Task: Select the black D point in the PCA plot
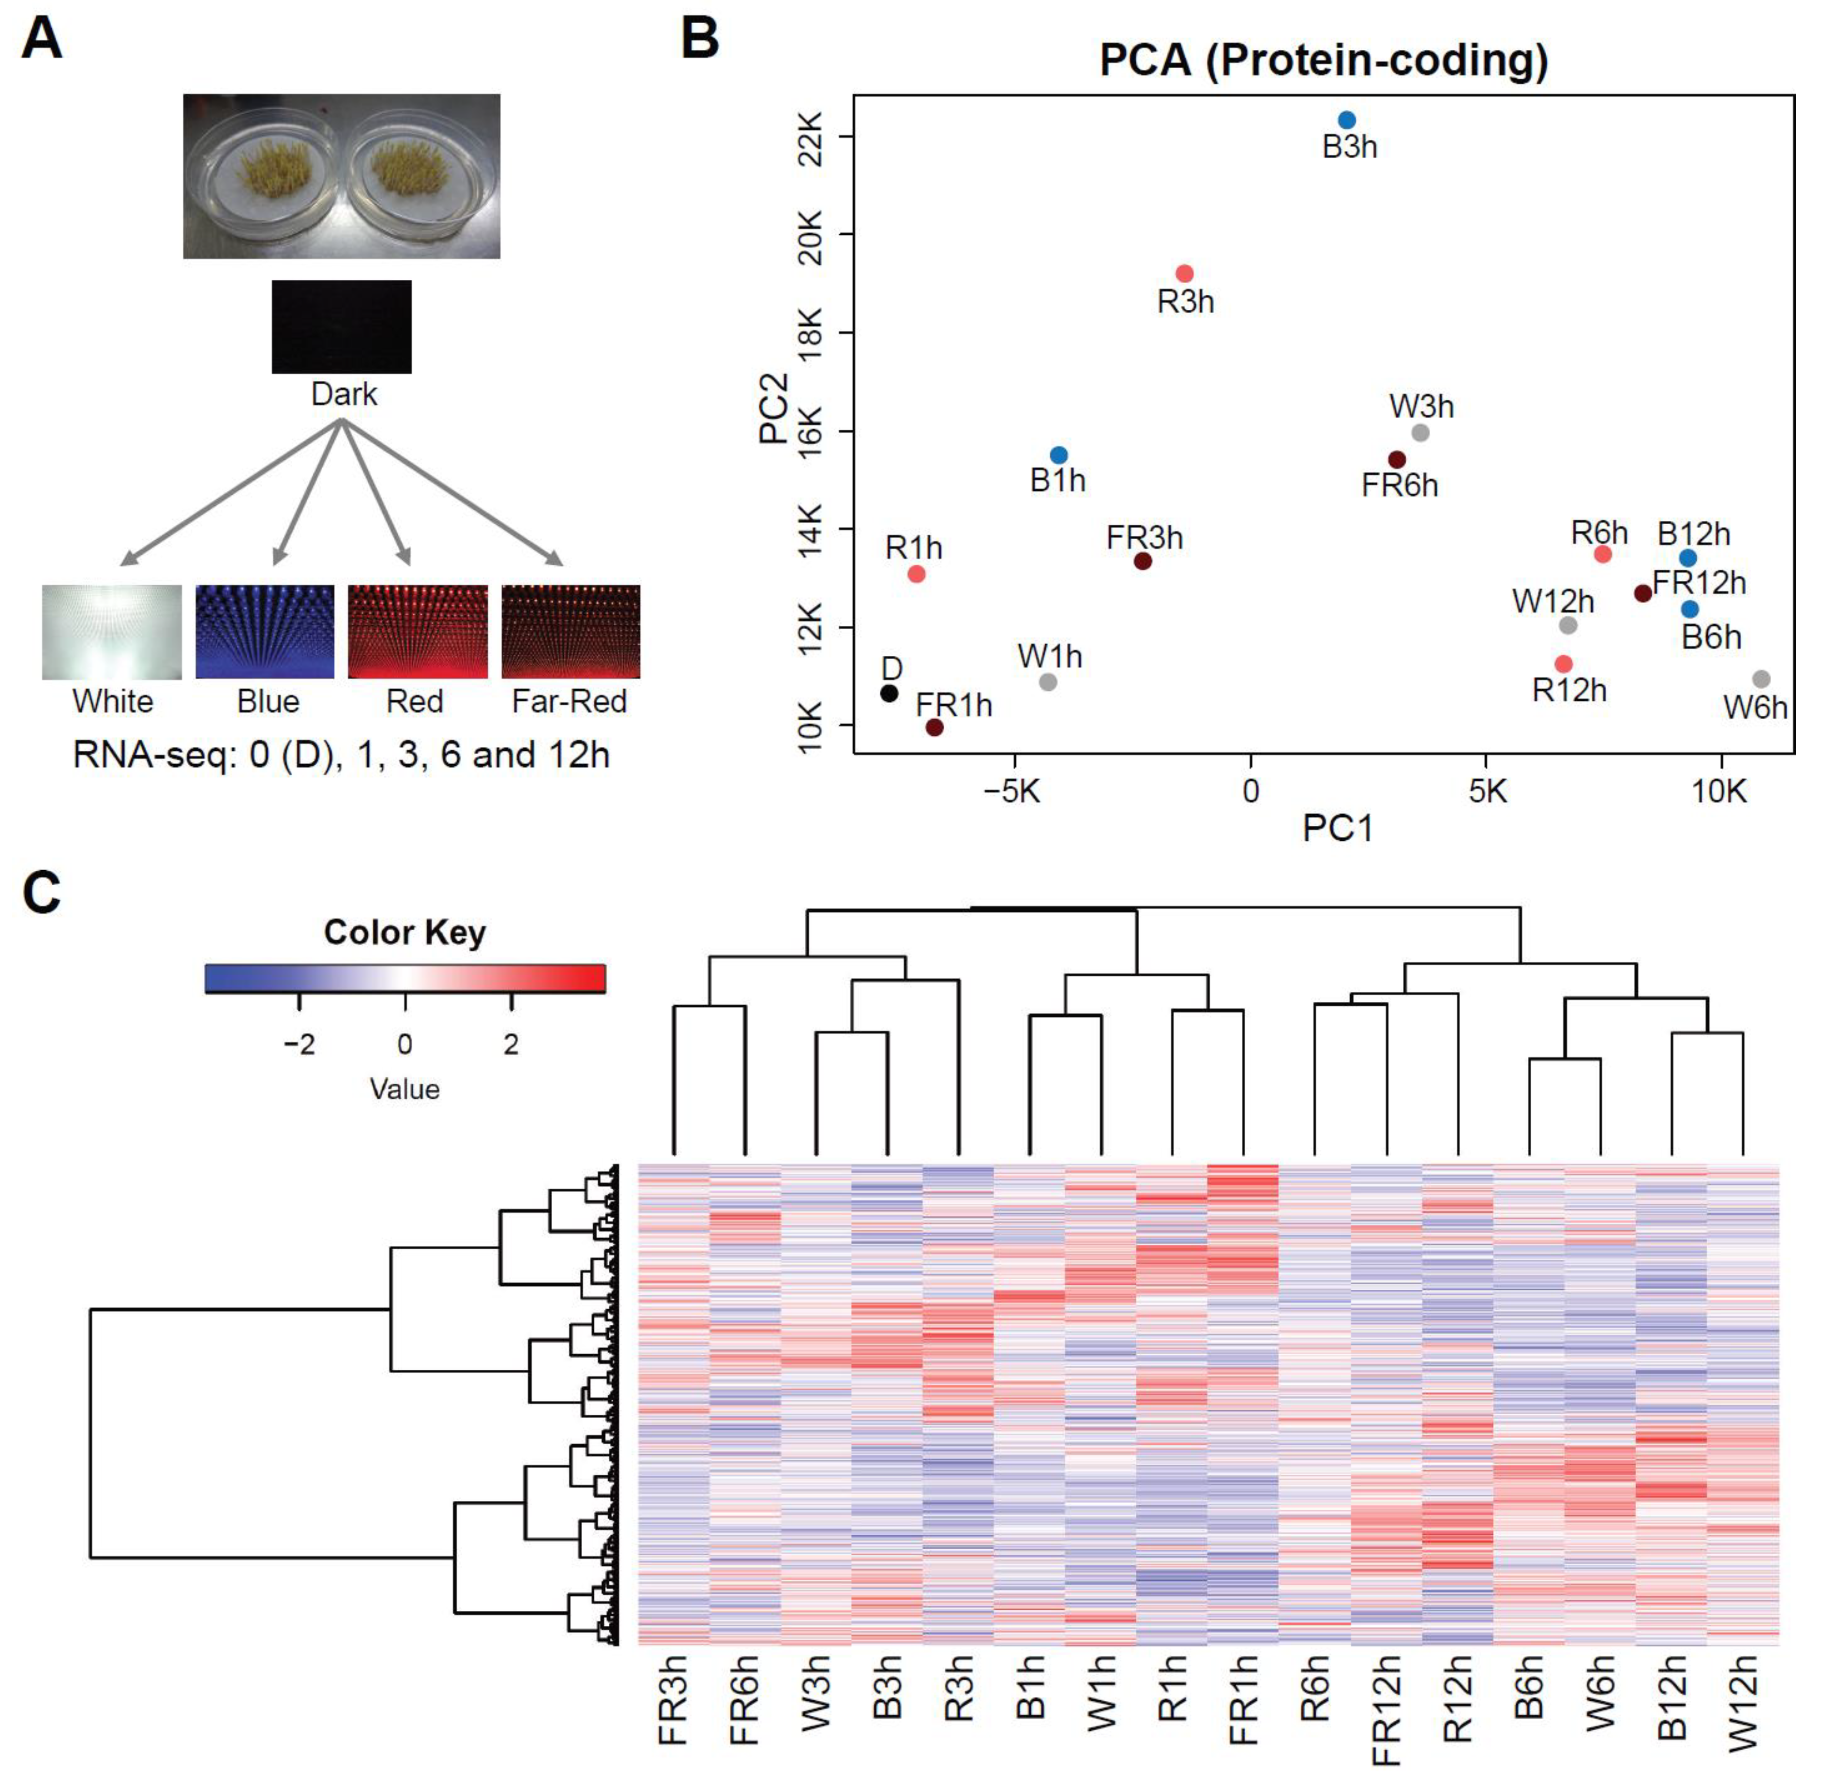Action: pos(889,693)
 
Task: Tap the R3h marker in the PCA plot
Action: pos(1184,273)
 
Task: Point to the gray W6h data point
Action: pos(1761,679)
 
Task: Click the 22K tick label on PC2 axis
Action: pos(810,137)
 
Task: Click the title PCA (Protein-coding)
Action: pos(1324,60)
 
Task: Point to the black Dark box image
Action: pos(341,327)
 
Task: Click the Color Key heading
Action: pos(405,932)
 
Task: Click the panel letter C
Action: pos(42,893)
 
